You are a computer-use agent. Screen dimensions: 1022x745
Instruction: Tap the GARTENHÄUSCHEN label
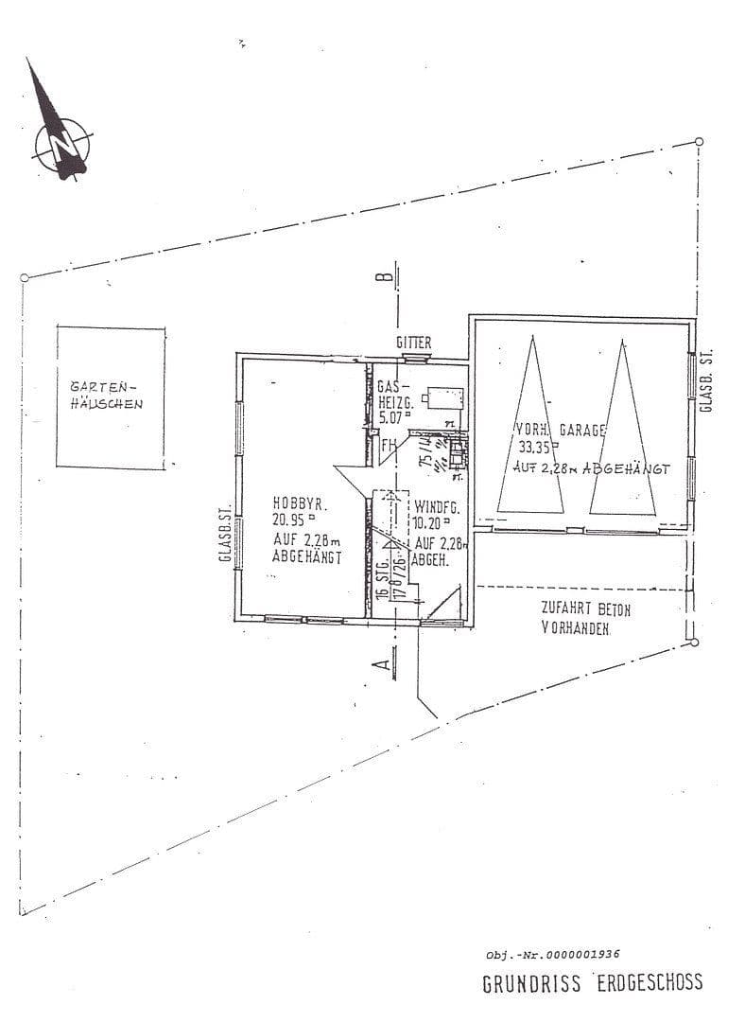[x=107, y=396]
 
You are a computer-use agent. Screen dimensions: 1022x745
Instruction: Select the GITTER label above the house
[x=415, y=342]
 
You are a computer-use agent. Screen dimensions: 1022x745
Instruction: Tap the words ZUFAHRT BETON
[x=585, y=609]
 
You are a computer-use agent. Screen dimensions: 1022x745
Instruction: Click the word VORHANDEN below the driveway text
[x=576, y=628]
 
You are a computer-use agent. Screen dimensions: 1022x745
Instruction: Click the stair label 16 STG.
[x=381, y=578]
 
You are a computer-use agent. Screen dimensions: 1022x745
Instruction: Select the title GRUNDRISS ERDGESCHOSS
[x=593, y=983]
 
